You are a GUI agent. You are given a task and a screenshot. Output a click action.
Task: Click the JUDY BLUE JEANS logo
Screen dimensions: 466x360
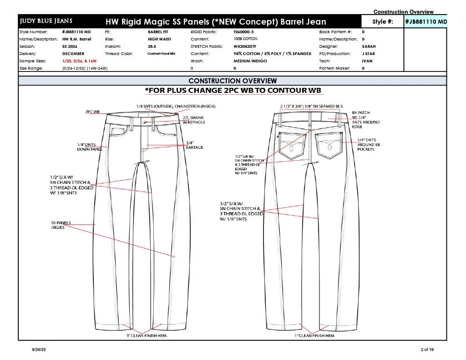pyautogui.click(x=46, y=21)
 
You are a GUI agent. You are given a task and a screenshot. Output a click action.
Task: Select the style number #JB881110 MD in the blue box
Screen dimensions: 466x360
pyautogui.click(x=425, y=21)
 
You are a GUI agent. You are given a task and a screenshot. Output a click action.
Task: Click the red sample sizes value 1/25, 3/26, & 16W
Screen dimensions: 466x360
pyautogui.click(x=79, y=61)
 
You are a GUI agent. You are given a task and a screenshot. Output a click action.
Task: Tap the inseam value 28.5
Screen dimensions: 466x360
pyautogui.click(x=152, y=46)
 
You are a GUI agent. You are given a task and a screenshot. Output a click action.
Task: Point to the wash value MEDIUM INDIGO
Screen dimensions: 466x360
pyautogui.click(x=250, y=61)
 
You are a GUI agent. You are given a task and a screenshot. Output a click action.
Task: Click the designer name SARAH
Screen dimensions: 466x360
pyautogui.click(x=369, y=46)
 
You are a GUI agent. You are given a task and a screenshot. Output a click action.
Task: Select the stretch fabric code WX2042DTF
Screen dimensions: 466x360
pyautogui.click(x=244, y=46)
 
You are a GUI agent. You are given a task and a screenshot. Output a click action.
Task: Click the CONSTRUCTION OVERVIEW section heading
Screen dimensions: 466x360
pyautogui.click(x=233, y=81)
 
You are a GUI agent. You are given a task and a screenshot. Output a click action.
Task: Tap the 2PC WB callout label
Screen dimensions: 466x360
pyautogui.click(x=92, y=112)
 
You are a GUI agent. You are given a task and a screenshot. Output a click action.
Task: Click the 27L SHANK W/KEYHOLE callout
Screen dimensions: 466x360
pyautogui.click(x=194, y=120)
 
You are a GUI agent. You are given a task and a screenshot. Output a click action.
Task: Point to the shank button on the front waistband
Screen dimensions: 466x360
pyautogui.click(x=145, y=122)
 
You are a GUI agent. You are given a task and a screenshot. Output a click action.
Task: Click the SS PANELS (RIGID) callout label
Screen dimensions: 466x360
pyautogui.click(x=61, y=225)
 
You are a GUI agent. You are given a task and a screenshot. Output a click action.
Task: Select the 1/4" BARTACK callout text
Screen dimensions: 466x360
pyautogui.click(x=195, y=145)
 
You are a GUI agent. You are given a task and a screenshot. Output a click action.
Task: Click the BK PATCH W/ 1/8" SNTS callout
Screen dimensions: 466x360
pyautogui.click(x=365, y=120)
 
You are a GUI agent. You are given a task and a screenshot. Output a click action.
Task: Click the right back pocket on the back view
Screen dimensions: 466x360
pyautogui.click(x=329, y=145)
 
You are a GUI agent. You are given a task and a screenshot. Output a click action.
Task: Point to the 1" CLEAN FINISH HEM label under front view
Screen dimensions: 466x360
pyautogui.click(x=147, y=335)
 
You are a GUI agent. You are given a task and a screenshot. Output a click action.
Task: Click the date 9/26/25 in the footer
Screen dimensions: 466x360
pyautogui.click(x=39, y=350)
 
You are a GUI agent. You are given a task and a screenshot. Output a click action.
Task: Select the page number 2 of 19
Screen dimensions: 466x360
pyautogui.click(x=427, y=350)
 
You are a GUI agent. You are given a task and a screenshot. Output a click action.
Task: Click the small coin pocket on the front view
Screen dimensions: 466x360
pyautogui.click(x=118, y=131)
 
